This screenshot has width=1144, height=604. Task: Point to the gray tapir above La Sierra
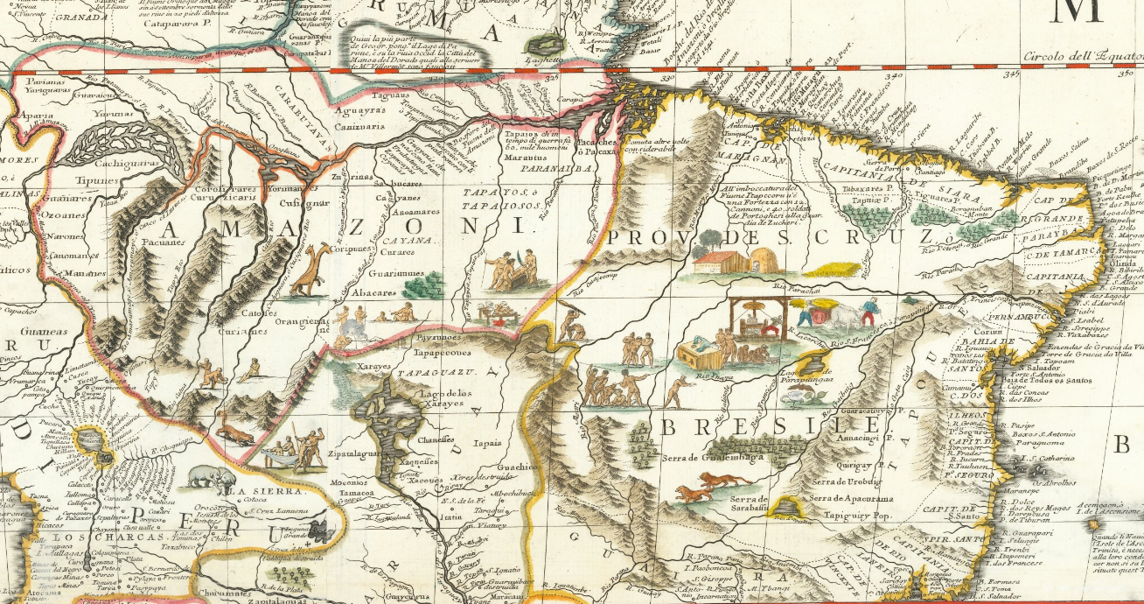coord(211,477)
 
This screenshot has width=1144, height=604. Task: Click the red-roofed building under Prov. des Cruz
coord(719,260)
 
